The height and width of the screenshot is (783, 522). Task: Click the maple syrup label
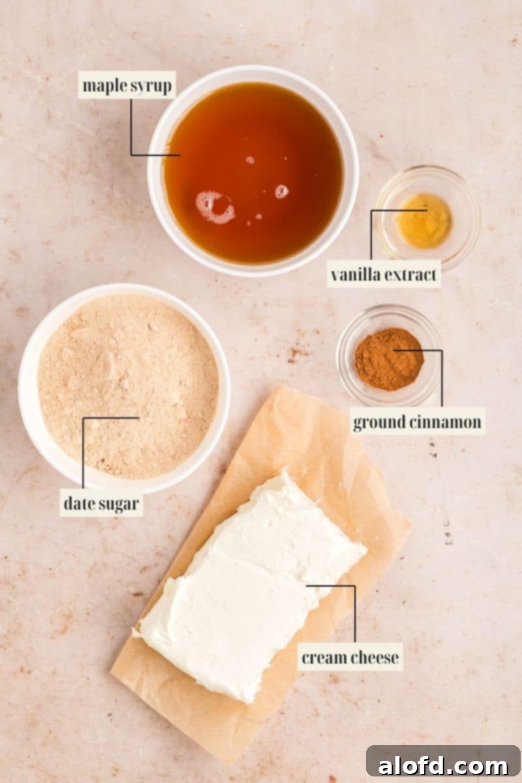click(x=127, y=85)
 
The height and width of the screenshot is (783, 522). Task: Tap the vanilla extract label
click(x=384, y=275)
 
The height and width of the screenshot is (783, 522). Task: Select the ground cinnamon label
click(x=418, y=422)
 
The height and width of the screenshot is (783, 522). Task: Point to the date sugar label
click(x=102, y=503)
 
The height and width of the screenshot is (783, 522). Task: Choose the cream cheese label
click(x=350, y=657)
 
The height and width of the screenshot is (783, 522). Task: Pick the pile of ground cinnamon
click(x=388, y=359)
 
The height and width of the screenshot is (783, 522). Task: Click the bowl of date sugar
click(x=124, y=385)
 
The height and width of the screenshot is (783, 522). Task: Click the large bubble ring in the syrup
click(x=215, y=206)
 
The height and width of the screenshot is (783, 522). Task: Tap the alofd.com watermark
click(x=444, y=764)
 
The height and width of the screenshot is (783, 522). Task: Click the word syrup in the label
click(x=151, y=85)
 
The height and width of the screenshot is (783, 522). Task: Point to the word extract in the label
click(x=410, y=275)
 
